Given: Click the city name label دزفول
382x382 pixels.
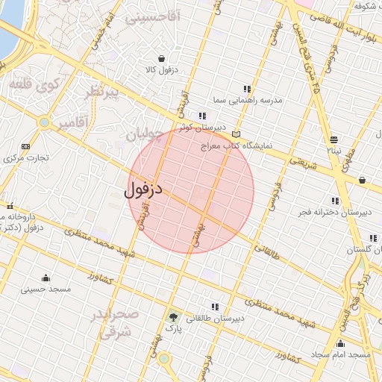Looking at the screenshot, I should [x=143, y=190].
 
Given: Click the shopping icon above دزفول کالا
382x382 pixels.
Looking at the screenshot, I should [x=162, y=58].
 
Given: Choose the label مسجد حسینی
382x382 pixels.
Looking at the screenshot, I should [x=46, y=289].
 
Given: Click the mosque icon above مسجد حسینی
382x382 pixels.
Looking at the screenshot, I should [x=46, y=278].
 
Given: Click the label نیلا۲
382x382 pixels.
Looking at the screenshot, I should [x=334, y=150].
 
